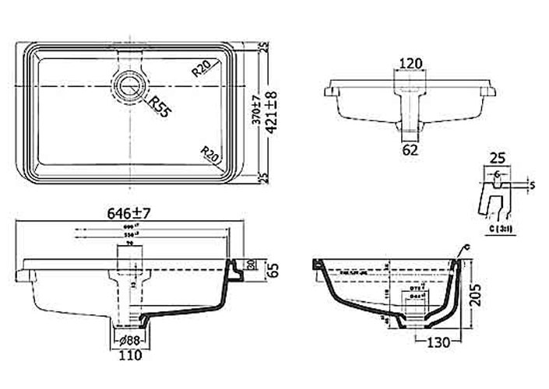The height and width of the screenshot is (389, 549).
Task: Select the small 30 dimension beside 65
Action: coord(250,264)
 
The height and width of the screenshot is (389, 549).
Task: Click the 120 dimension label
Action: coord(411,63)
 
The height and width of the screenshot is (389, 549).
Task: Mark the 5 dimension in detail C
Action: coord(531,185)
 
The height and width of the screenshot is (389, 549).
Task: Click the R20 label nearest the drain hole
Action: coord(202,68)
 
